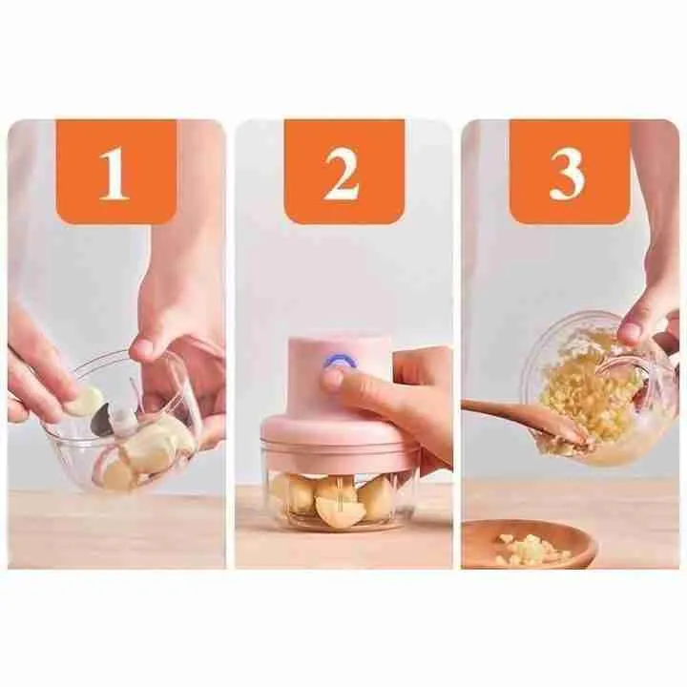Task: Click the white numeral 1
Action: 114,174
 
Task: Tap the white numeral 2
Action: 342,174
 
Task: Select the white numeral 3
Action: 568,174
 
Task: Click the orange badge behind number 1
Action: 116,172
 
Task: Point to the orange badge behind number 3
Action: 569,172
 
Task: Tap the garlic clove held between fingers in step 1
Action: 86,401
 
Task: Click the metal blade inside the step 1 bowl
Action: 103,421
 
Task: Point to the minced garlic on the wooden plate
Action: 531,545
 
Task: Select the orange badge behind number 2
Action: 343,172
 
